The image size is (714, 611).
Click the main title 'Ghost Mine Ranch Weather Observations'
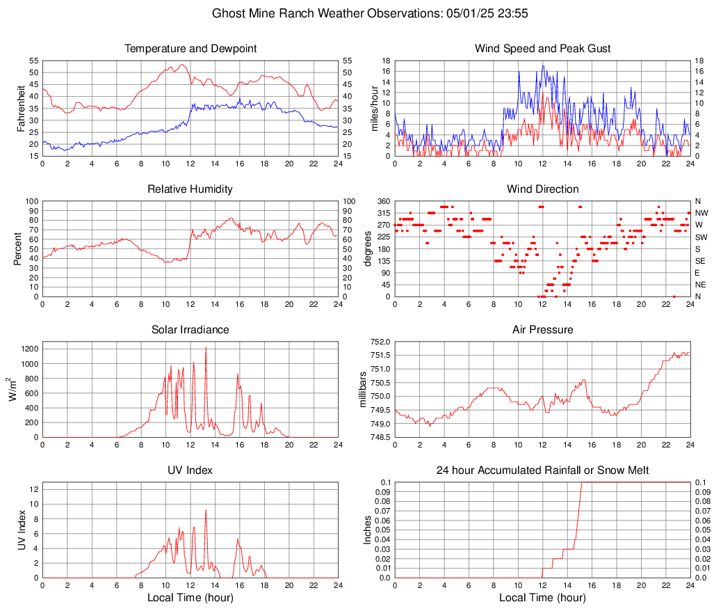[x=357, y=13]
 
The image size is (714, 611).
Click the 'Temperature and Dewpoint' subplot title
[x=190, y=49]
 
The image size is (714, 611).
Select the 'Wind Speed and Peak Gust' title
[x=542, y=49]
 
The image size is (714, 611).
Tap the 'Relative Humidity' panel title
[x=190, y=189]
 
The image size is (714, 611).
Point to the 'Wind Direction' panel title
[x=542, y=189]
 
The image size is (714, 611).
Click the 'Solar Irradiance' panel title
[x=190, y=330]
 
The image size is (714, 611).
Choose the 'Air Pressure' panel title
[x=542, y=330]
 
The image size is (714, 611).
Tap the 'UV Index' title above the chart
[x=190, y=470]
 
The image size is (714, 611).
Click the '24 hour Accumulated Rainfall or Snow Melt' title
[x=542, y=470]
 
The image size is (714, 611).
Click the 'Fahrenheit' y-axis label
[x=21, y=108]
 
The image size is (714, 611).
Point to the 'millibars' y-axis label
[x=364, y=390]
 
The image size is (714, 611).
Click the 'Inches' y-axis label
[x=368, y=530]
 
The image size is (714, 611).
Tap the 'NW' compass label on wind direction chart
[x=701, y=213]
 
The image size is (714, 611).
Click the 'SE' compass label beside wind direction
[x=701, y=261]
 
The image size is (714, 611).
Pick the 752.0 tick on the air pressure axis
[x=380, y=342]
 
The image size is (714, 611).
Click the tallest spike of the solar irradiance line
[x=206, y=347]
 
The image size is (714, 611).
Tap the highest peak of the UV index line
[x=206, y=510]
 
